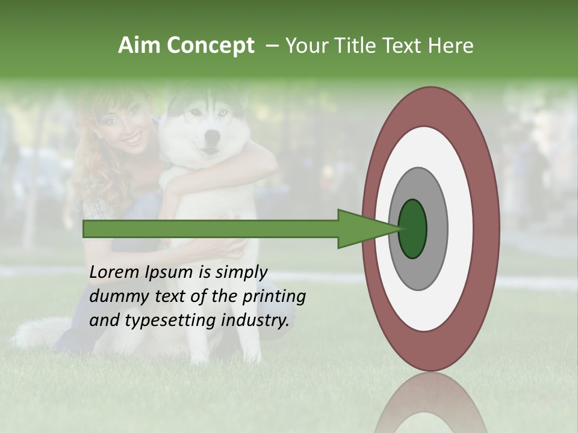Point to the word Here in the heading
(x=452, y=46)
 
